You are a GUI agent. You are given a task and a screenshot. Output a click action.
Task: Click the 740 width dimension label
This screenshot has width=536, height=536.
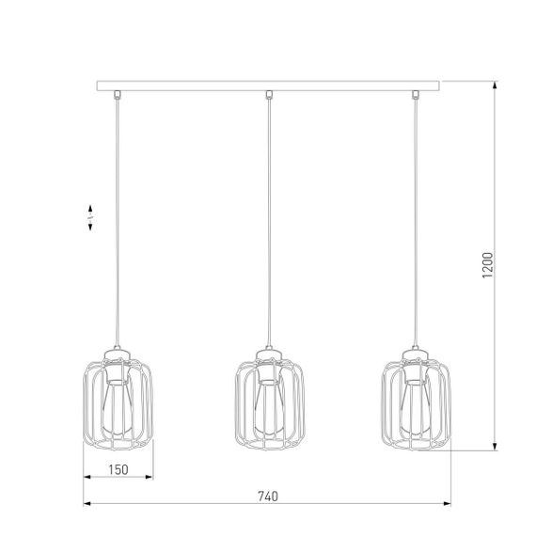[268, 496]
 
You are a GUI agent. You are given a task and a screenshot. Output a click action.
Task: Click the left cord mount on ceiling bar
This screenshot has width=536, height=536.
[118, 94]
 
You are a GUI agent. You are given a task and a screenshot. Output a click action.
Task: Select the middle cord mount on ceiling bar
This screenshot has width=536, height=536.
[268, 94]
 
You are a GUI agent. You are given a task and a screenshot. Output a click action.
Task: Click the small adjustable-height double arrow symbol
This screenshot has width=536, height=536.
[87, 217]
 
